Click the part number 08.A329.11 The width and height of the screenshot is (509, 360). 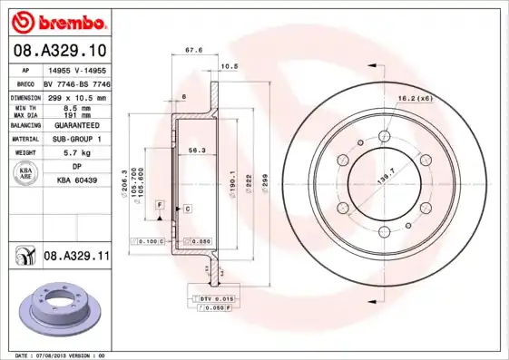76,257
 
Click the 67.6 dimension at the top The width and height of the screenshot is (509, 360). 192,52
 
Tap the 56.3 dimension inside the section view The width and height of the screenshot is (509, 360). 193,151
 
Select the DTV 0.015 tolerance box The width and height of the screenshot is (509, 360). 215,297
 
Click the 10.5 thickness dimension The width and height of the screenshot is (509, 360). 230,66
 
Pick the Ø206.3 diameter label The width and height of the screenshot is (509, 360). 123,180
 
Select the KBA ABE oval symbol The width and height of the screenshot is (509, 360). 27,172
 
